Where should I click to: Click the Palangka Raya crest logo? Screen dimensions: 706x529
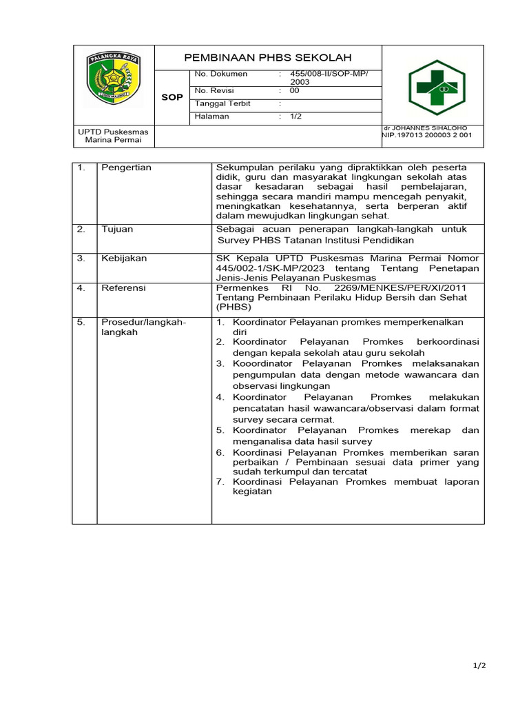pos(114,80)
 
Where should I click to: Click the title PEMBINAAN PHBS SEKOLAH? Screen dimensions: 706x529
pos(268,57)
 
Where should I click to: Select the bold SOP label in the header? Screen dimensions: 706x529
pos(172,97)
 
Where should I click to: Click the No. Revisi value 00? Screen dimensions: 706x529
pos(295,90)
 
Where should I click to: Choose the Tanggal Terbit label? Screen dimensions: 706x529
pos(222,103)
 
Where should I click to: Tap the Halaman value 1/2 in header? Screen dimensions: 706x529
pos(295,117)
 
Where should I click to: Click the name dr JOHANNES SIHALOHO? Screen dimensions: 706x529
pos(425,128)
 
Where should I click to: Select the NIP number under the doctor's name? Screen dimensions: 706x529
pos(427,136)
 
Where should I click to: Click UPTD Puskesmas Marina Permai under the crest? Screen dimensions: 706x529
pos(113,136)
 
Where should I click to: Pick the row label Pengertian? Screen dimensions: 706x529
pos(126,168)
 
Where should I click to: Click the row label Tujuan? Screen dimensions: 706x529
pos(117,229)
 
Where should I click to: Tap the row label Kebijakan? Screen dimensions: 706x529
pos(124,259)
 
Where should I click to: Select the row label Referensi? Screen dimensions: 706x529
pos(124,288)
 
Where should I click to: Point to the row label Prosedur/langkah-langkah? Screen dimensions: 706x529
pos(143,327)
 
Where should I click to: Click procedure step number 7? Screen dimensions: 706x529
pos(220,482)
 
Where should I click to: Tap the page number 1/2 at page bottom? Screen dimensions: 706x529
pos(479,666)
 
